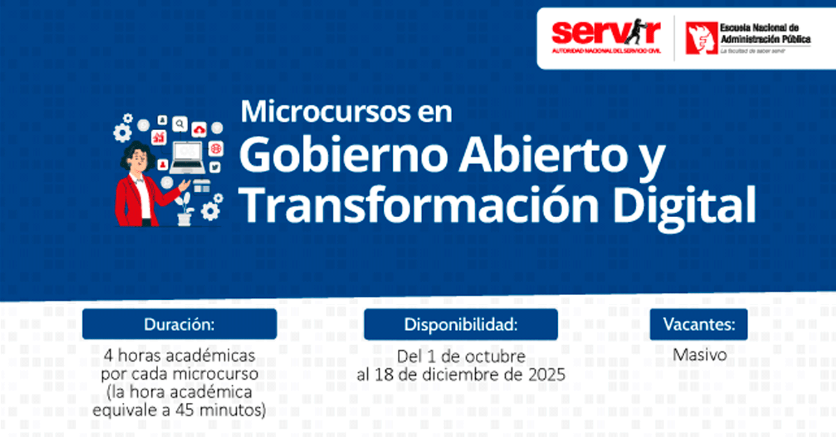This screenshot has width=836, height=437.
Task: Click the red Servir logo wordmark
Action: pos(606,33)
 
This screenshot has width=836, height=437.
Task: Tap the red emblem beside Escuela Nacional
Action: pos(702,38)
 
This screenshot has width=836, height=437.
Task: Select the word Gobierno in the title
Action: pos(343,154)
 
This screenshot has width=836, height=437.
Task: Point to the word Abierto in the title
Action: pos(543,154)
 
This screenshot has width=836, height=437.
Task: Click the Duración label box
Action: pos(180,324)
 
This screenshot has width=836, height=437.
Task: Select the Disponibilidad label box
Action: pos(461,324)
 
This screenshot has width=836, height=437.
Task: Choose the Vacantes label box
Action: pos(699,324)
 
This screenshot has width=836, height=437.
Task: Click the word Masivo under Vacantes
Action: pos(699,355)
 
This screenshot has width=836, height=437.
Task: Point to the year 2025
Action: pos(547,375)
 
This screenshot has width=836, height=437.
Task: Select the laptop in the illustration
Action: pos(187,158)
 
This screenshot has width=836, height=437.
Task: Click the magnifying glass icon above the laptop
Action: pos(180,124)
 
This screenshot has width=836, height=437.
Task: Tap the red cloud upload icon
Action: pos(199,129)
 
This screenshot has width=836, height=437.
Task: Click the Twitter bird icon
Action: pos(215,167)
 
